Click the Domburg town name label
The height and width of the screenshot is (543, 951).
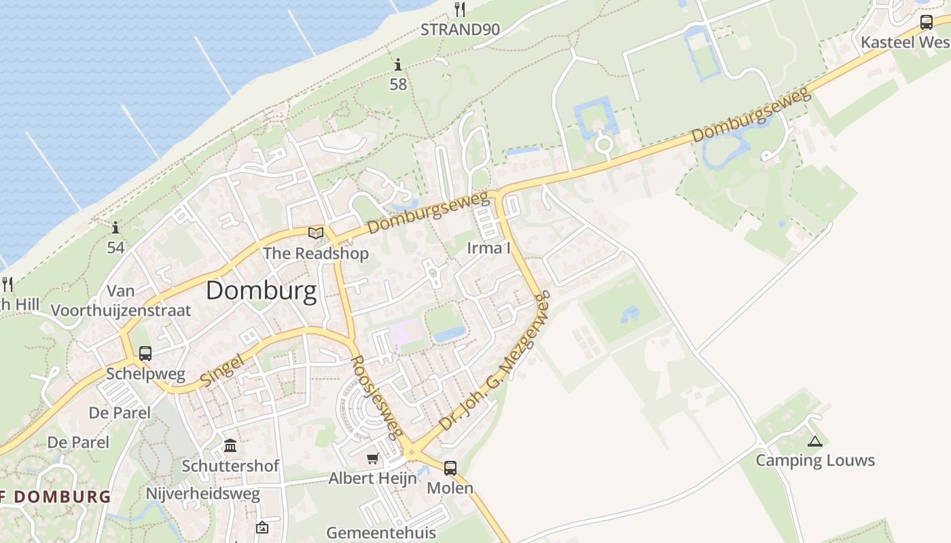261,291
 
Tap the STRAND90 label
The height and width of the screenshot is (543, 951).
460,30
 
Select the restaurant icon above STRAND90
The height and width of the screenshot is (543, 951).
461,10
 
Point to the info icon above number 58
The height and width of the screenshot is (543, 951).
398,65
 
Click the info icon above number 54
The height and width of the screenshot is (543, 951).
115,227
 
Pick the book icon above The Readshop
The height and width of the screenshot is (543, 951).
315,233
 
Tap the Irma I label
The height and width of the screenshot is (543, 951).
488,248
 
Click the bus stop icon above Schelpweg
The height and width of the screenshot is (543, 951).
145,353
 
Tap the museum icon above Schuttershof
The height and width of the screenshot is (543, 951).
230,446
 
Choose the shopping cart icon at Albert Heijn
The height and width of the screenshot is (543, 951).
372,460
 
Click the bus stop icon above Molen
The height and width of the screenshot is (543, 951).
450,468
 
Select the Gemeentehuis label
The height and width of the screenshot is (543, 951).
381,532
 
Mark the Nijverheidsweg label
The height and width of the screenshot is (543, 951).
202,493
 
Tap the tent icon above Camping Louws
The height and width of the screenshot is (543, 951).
814,442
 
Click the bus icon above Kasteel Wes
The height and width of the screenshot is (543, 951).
926,22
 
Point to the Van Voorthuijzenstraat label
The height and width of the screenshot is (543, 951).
122,301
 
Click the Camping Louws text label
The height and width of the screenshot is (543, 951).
815,461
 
